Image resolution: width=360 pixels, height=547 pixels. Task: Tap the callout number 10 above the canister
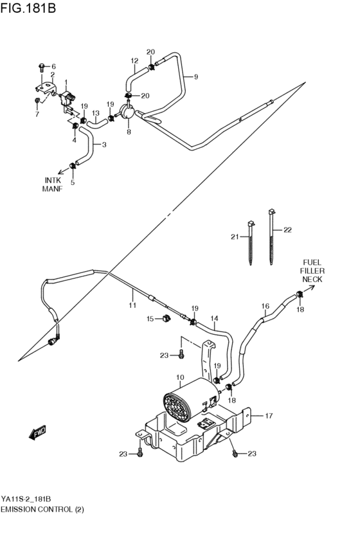pos(180,377)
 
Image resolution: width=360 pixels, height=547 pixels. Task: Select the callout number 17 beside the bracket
pos(269,416)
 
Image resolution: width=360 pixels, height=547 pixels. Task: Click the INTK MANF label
pos(52,184)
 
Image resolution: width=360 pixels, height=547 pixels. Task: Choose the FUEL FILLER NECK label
pos(312,271)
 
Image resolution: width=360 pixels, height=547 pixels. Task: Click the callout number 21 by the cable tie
pos(235,237)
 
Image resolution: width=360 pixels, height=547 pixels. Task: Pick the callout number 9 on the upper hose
pos(195,77)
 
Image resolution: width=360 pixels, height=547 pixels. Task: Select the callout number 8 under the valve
pos(129,132)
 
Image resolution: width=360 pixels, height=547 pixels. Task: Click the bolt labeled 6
pos(42,66)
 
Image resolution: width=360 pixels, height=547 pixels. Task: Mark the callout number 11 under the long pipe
pos(132,305)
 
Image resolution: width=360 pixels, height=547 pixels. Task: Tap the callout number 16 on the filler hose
pos(264,306)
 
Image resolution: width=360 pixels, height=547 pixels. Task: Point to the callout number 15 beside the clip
pos(150,318)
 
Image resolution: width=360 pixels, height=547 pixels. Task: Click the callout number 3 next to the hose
pos(104,145)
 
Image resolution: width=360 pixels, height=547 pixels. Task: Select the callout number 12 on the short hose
pos(134,61)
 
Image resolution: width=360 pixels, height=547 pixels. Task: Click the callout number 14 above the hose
pos(214,318)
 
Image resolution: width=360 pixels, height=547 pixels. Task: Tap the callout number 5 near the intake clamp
pos(72,183)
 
